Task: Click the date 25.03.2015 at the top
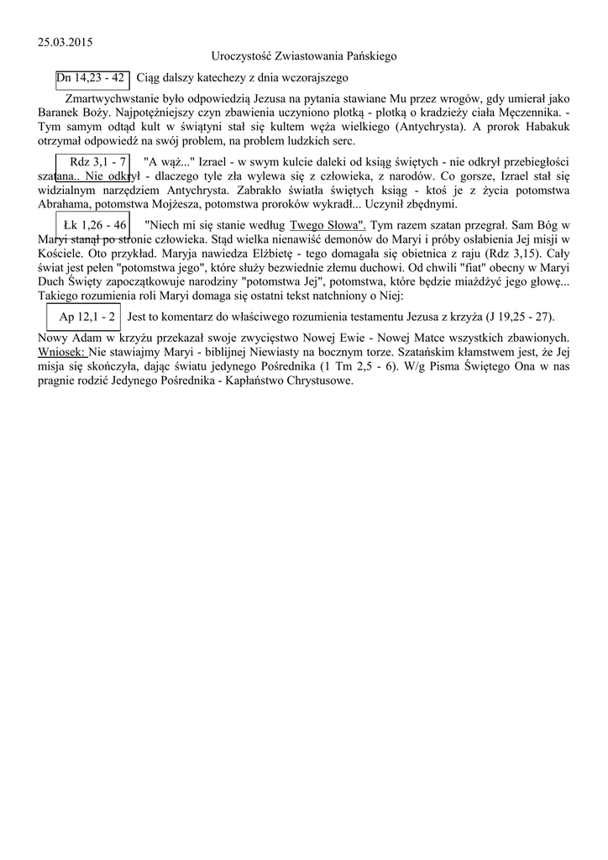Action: click(66, 41)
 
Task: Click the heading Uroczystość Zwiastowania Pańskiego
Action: click(304, 55)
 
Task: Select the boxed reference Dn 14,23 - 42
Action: click(92, 78)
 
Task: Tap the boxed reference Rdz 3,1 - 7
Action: click(98, 161)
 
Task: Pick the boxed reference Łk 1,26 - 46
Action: click(95, 225)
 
